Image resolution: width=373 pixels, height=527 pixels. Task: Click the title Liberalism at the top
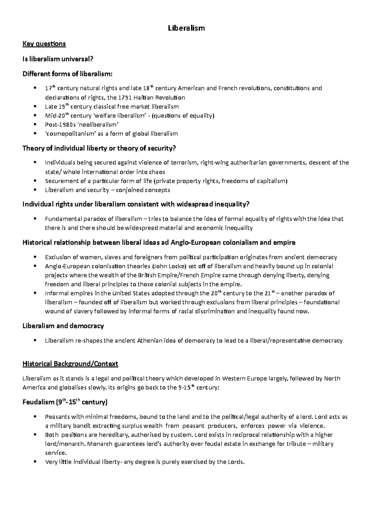coord(186,28)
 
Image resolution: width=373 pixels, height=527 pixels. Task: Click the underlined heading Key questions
coord(44,44)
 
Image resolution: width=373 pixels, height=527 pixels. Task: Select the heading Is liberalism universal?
coord(58,59)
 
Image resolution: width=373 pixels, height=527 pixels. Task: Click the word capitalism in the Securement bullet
coord(272,181)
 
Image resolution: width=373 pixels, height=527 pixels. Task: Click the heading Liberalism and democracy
coord(63,326)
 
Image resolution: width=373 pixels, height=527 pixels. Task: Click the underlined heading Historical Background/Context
coord(70,364)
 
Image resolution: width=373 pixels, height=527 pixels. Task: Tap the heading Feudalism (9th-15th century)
coord(65,402)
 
